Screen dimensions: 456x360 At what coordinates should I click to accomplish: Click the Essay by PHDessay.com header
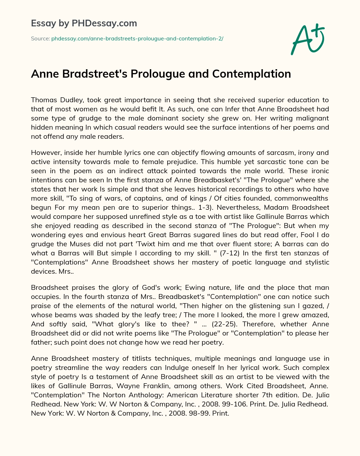84,24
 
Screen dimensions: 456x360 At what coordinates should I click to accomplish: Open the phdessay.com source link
137,39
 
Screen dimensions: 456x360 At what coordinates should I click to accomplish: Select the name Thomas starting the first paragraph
42,100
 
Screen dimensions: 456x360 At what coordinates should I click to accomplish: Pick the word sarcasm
271,153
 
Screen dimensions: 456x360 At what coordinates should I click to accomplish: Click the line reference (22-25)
224,324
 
